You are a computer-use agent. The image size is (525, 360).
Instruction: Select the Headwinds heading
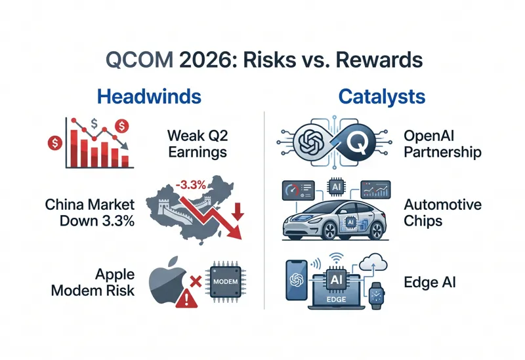148,97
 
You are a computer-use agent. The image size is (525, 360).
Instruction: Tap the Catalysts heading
381,97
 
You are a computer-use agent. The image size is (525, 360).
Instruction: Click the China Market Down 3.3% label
90,212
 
